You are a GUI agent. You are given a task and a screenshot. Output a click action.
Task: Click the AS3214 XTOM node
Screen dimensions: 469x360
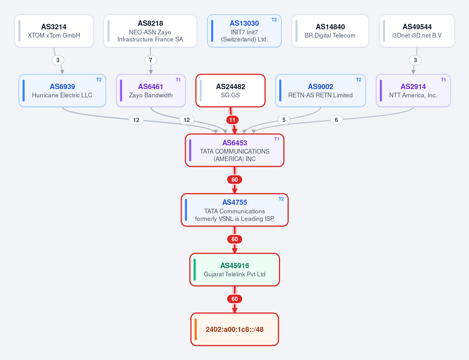(x=54, y=31)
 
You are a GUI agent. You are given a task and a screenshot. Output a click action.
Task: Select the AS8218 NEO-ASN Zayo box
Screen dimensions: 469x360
(x=150, y=31)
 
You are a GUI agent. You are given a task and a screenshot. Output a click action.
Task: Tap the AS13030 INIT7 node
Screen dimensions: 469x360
(x=244, y=31)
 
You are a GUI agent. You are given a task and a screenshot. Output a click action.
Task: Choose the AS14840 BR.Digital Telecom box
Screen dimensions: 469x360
(x=330, y=31)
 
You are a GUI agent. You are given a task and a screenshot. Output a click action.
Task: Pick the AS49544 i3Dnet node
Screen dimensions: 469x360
(x=417, y=31)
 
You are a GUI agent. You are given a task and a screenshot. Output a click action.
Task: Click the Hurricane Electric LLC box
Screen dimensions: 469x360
(x=62, y=91)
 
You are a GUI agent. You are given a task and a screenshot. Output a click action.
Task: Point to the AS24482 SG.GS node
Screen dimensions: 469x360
(x=230, y=91)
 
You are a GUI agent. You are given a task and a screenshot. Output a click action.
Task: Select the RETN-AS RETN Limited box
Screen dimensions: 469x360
(x=320, y=91)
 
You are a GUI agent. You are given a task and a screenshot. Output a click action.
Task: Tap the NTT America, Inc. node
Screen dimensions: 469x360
(x=413, y=91)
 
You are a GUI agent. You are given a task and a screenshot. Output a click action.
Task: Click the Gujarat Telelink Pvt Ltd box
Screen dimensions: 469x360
(x=235, y=270)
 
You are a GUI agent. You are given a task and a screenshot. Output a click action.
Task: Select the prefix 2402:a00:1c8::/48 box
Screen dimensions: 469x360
(x=235, y=329)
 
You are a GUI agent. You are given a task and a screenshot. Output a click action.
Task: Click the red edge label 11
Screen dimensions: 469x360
(x=232, y=120)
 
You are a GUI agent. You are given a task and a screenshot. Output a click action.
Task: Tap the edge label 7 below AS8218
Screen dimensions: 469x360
(x=151, y=60)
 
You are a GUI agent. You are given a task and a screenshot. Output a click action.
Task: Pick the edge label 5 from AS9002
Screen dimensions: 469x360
(x=284, y=120)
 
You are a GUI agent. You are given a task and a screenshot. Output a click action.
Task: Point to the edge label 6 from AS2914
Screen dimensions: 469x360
(x=336, y=120)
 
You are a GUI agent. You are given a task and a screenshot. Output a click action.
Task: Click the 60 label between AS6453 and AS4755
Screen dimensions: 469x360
(x=235, y=180)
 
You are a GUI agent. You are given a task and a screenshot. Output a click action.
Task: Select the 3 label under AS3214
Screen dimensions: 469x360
(x=58, y=60)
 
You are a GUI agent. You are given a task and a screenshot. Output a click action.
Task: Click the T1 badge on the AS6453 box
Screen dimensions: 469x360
(x=277, y=139)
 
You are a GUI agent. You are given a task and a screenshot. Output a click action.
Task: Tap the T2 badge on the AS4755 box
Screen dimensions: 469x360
(x=281, y=199)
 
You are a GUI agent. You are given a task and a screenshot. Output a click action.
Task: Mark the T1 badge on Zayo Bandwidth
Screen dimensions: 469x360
(x=178, y=79)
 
